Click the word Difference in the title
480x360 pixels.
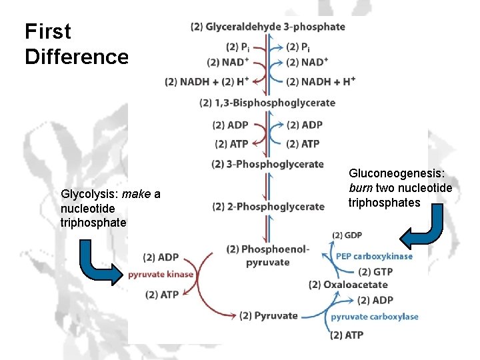(76, 57)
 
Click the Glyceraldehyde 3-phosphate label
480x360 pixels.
(267, 27)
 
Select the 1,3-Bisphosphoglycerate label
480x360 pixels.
(267, 103)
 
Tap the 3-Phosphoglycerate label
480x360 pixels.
(267, 164)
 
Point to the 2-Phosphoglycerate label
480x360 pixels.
(268, 207)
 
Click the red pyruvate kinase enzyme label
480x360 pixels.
(161, 275)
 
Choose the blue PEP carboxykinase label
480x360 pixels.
(374, 256)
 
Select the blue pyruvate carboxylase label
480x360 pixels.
(375, 317)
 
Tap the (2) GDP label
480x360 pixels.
(347, 235)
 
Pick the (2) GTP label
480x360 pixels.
(374, 271)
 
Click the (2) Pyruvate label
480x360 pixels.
(268, 315)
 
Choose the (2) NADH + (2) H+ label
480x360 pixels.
(207, 82)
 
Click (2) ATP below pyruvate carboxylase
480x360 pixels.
(347, 335)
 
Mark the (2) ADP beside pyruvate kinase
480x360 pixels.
(161, 257)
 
